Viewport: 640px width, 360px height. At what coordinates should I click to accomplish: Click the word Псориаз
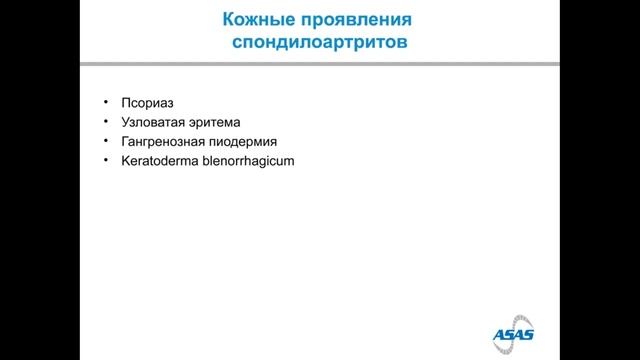[x=147, y=102]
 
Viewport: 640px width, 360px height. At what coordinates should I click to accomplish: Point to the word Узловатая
[x=150, y=122]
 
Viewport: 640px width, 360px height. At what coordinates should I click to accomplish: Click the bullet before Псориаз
[x=106, y=102]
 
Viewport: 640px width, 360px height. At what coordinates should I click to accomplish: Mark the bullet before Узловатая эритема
[x=106, y=122]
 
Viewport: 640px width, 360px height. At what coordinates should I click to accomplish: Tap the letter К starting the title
[x=228, y=21]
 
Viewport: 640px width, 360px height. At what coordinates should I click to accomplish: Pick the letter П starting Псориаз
[x=124, y=102]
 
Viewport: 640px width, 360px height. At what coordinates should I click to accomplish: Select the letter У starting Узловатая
[x=123, y=122]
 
